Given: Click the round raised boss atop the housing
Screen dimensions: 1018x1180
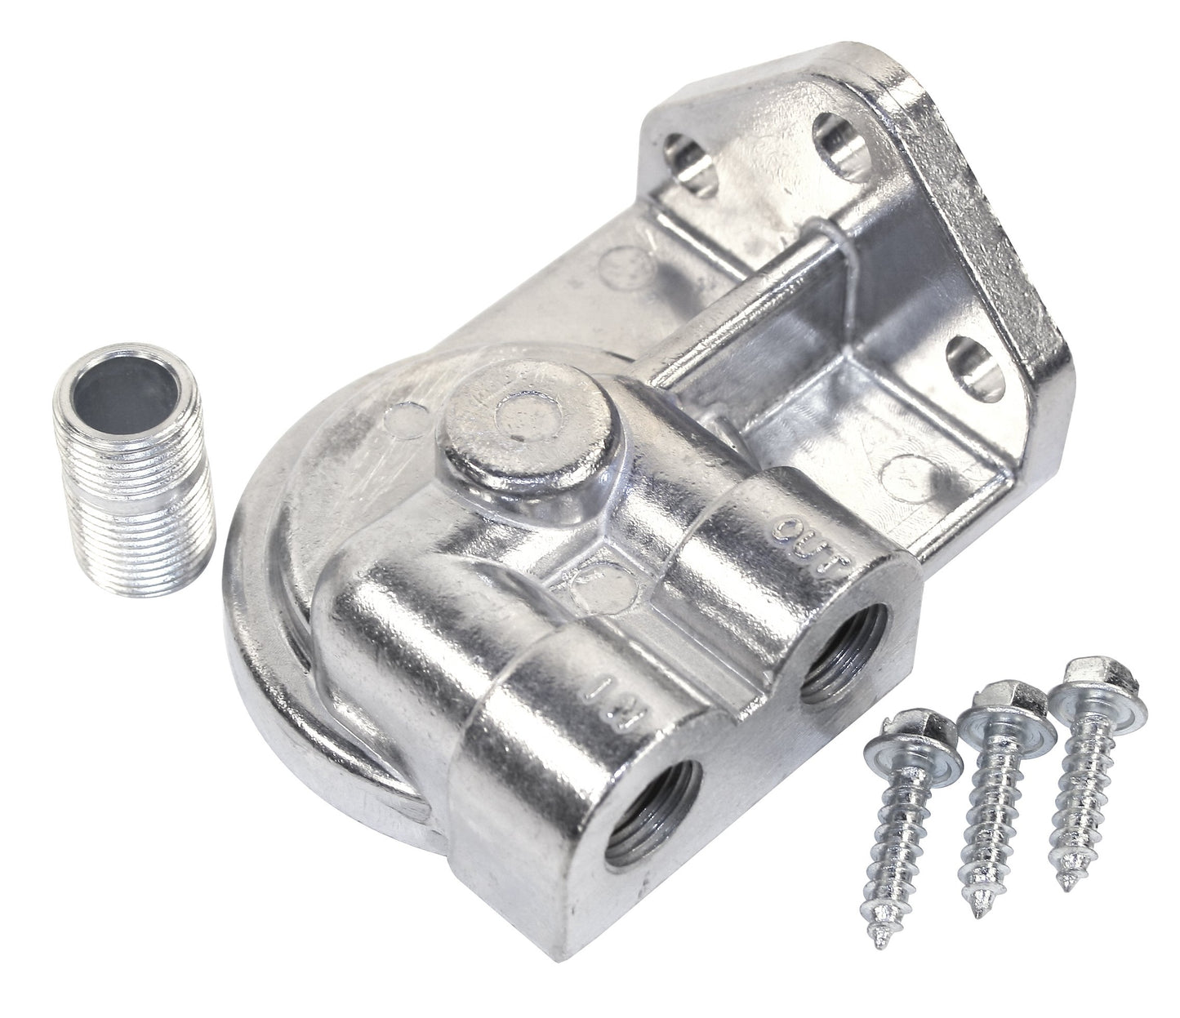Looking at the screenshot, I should pos(514,425).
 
